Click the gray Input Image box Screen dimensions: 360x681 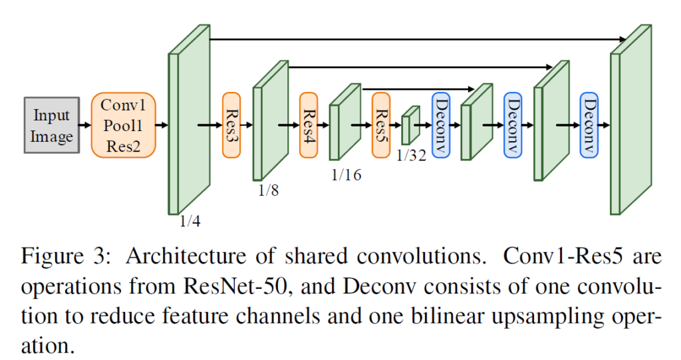pos(52,125)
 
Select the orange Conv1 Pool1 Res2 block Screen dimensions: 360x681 pos(124,125)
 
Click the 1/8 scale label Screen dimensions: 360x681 pos(269,190)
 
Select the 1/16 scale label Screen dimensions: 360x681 pos(346,177)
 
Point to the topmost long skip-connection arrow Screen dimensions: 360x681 pos(412,39)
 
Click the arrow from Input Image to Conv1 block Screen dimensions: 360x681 pos(84,124)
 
